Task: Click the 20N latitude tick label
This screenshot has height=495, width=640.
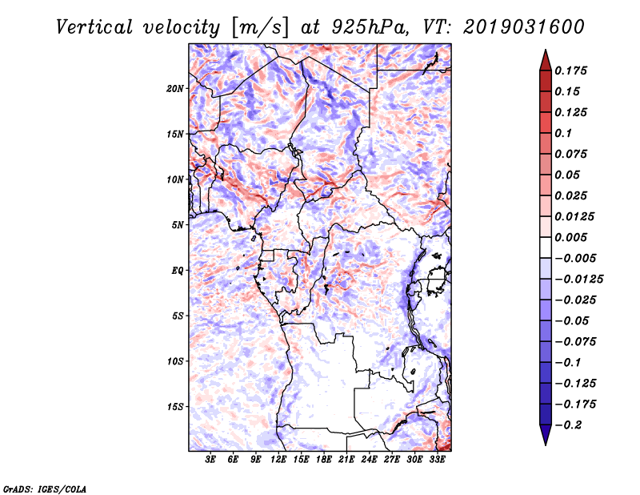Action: point(175,89)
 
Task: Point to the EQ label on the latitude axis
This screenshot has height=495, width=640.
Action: point(177,271)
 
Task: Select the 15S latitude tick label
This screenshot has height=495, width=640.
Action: point(175,407)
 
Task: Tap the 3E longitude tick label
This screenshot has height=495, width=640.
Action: point(210,460)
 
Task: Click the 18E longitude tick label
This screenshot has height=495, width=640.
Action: point(324,460)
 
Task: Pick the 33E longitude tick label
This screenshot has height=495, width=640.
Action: point(437,460)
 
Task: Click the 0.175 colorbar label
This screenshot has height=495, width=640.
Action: point(570,70)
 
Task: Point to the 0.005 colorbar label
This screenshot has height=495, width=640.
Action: point(570,237)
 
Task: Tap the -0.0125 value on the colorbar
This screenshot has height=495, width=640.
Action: point(578,280)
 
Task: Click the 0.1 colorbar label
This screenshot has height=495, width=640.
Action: point(563,133)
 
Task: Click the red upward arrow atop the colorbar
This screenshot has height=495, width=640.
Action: point(546,60)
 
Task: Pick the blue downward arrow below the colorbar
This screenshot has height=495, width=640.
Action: point(546,435)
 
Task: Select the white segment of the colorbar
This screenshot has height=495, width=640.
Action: point(546,247)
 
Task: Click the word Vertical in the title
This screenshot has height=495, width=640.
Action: point(94,27)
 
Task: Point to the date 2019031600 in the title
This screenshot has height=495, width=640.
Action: point(524,27)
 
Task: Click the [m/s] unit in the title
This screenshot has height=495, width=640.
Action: point(260,28)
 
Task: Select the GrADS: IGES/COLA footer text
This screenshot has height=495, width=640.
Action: point(45,489)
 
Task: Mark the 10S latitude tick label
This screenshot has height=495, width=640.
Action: point(175,361)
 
